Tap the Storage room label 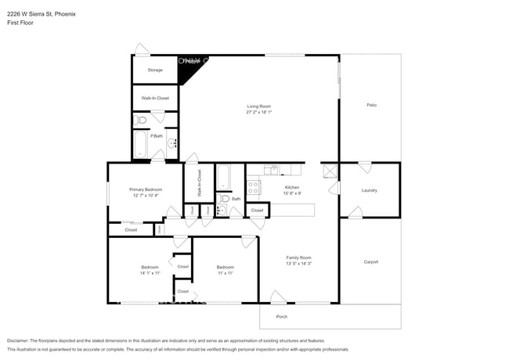coord(155,70)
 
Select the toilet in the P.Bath coord(140,120)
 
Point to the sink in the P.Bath coord(171,143)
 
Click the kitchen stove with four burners coord(253,187)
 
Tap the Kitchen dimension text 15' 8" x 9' coord(291,193)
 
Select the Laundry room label coord(370,190)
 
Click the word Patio coord(371,105)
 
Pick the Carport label coord(370,261)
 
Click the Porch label coord(282,317)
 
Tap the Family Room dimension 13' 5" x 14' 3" coord(299,263)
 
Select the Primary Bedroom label coord(146,189)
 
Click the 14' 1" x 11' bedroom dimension coord(150,272)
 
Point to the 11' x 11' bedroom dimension coord(226,272)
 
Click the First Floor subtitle coord(21,23)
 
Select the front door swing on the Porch coord(277,297)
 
